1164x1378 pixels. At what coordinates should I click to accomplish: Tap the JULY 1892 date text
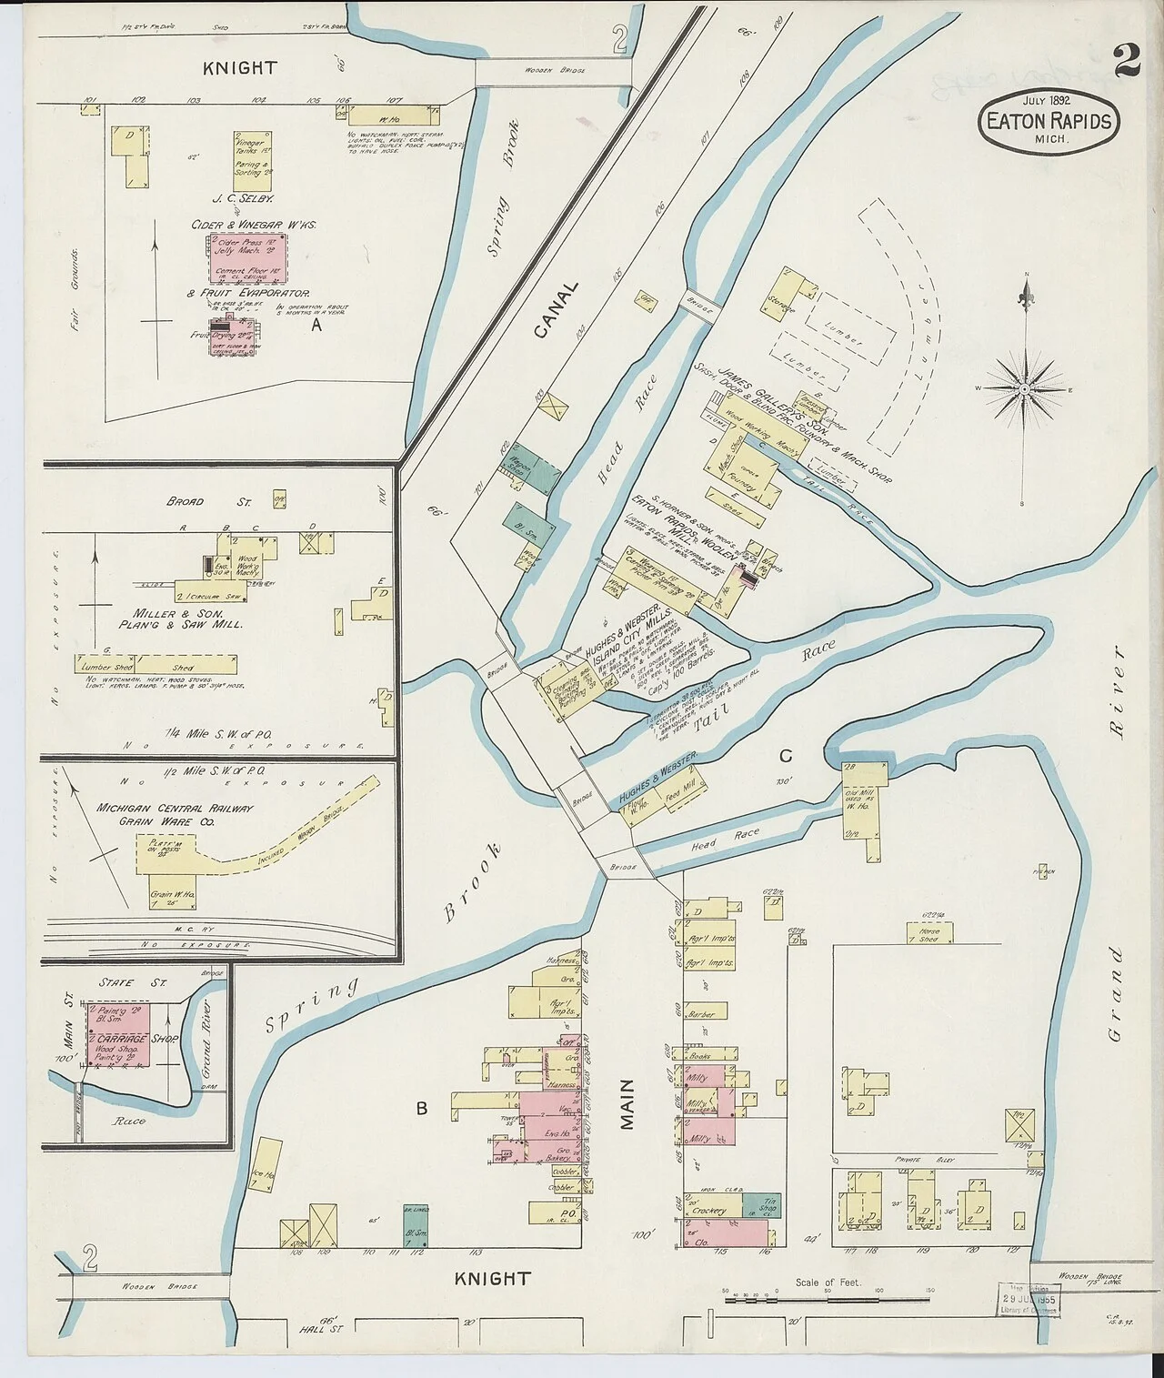coord(1047,100)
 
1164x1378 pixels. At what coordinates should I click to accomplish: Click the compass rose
coord(1025,388)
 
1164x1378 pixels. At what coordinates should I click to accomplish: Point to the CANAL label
coord(556,310)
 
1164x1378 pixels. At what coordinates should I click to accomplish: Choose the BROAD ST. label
coord(186,501)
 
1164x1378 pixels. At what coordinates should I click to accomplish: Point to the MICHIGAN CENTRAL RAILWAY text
coord(175,808)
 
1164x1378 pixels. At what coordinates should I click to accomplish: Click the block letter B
coord(421,1108)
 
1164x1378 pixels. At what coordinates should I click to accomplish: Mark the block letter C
coord(786,756)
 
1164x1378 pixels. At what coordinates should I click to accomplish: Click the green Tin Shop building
coord(760,1205)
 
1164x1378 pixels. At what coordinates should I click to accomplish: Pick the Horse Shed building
coord(928,933)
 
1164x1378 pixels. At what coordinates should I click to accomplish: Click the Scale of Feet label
coord(827,1282)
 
